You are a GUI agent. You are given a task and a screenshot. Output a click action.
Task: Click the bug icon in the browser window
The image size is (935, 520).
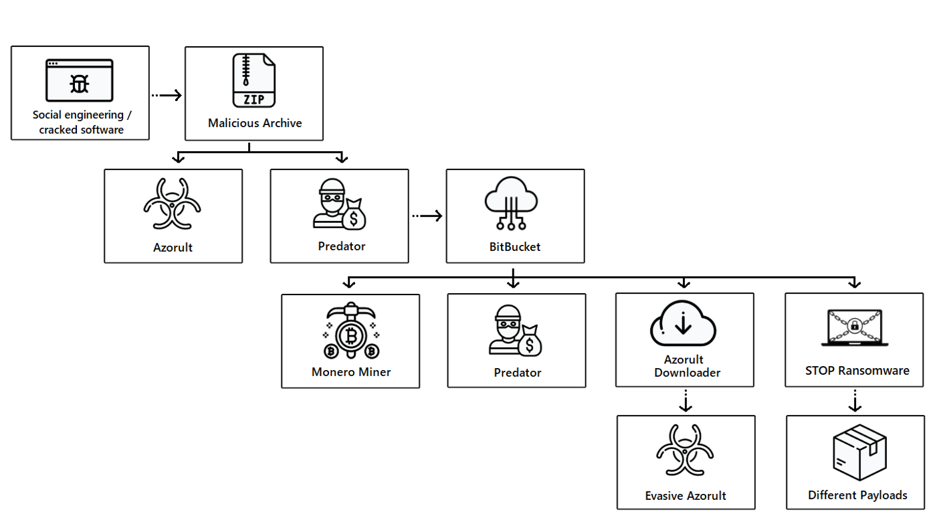(80, 83)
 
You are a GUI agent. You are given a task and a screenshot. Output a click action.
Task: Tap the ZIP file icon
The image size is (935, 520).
(253, 80)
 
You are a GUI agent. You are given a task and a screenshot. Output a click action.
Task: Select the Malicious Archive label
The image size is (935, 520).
(255, 123)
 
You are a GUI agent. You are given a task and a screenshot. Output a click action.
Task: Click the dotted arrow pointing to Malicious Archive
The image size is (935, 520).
(167, 95)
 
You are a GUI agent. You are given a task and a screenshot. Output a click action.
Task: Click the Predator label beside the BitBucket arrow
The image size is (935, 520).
(341, 246)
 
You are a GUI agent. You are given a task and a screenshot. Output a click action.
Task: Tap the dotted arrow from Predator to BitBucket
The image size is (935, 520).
(427, 215)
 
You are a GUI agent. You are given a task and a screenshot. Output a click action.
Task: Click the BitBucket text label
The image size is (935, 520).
(514, 247)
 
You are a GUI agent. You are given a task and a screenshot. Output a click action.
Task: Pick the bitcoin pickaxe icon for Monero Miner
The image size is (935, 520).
(350, 332)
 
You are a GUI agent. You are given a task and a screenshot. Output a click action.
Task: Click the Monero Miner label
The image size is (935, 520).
(350, 372)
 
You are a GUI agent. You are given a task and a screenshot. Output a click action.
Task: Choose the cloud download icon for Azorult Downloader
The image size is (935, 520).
(683, 323)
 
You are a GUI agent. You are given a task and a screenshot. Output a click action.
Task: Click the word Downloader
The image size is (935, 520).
(687, 373)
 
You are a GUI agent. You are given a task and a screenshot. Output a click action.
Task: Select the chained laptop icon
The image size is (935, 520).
(854, 327)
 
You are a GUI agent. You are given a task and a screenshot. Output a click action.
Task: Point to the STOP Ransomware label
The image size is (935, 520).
(857, 371)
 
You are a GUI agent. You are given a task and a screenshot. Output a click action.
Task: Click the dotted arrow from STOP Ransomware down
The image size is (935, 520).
(855, 401)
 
